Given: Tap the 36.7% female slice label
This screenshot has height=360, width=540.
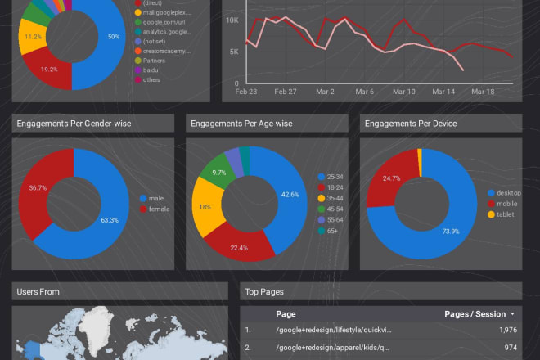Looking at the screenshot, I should (x=37, y=187).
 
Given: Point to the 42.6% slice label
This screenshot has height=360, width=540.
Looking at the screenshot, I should (x=289, y=194).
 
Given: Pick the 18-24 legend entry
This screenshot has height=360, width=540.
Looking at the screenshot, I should (x=335, y=187).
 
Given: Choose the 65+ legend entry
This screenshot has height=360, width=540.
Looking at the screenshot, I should (x=332, y=230).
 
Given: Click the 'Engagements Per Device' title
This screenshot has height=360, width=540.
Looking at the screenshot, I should (x=411, y=124).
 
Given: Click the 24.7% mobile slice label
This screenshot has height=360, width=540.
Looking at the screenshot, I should (x=392, y=178).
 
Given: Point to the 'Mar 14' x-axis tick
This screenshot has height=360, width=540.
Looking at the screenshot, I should (x=443, y=92).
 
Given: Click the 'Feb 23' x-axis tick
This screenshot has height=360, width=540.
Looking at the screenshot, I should (x=245, y=92).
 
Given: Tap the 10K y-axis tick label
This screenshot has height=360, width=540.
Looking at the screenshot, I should (x=232, y=20).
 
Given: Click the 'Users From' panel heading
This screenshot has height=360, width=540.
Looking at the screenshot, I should (x=38, y=291).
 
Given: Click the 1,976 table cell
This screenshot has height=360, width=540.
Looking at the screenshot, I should (x=506, y=330).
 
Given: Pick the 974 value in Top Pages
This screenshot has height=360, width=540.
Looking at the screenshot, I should (x=510, y=346).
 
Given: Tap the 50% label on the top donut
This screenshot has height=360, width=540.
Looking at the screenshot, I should (x=113, y=37).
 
